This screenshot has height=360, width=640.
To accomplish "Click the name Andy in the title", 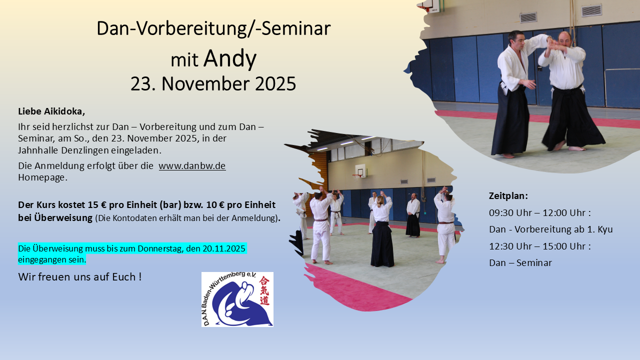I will (x=230, y=59).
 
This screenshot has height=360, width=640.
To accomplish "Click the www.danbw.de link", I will (x=192, y=165).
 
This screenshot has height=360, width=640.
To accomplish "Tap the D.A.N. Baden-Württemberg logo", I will (x=237, y=299).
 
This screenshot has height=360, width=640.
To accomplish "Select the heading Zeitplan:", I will (x=508, y=195).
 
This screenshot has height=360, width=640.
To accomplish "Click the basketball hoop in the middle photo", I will (x=359, y=173).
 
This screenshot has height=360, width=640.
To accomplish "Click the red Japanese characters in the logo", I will (x=264, y=290).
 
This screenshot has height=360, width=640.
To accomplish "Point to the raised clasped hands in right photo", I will (x=555, y=46).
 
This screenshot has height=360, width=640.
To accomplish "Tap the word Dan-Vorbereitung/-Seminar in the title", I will (x=213, y=28).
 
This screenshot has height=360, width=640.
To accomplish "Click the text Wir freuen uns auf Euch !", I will (x=80, y=276).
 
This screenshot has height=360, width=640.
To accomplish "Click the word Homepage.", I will (x=42, y=177).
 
